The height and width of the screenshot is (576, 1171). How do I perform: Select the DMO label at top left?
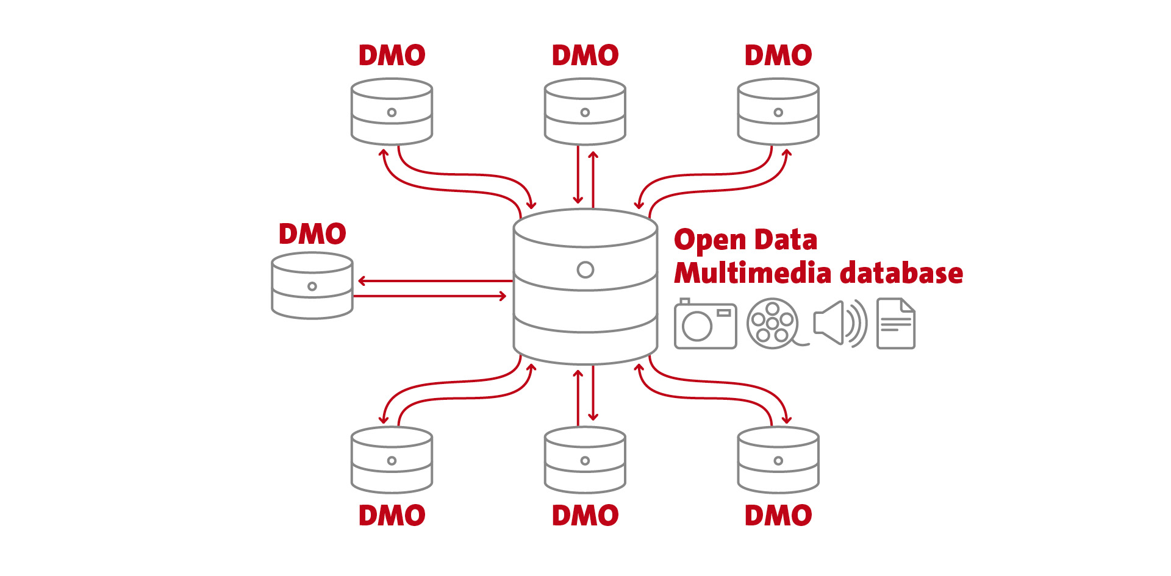[x=392, y=55]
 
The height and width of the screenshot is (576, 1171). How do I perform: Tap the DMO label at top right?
[x=778, y=55]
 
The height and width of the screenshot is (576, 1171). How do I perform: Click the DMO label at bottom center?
[x=585, y=516]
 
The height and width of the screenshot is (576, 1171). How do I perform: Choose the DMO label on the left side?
[x=312, y=234]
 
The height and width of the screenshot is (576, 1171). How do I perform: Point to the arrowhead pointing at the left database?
[x=362, y=281]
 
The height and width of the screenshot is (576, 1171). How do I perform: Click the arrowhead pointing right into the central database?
[x=503, y=296]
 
